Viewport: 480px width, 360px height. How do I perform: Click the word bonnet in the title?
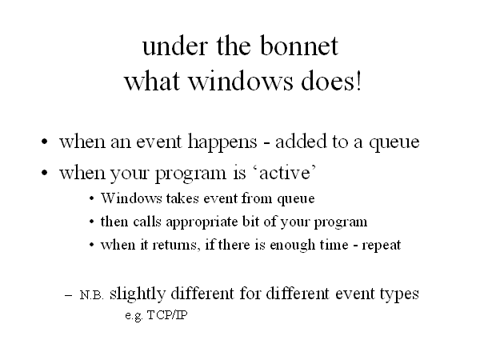[299, 46]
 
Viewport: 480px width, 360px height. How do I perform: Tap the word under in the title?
[175, 46]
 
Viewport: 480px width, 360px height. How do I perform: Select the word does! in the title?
[331, 81]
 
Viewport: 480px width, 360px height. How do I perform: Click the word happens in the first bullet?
[222, 142]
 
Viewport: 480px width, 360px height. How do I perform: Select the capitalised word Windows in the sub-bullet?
[131, 198]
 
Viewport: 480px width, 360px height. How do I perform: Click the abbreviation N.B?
[91, 295]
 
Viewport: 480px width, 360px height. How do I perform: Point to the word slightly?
[138, 294]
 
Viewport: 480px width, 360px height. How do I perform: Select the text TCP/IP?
[167, 315]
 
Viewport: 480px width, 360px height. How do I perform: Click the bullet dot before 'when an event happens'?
[45, 142]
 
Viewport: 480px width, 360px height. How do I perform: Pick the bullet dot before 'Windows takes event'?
[92, 198]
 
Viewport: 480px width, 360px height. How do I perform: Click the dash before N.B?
[69, 295]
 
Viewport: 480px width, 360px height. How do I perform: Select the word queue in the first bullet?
[394, 143]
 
